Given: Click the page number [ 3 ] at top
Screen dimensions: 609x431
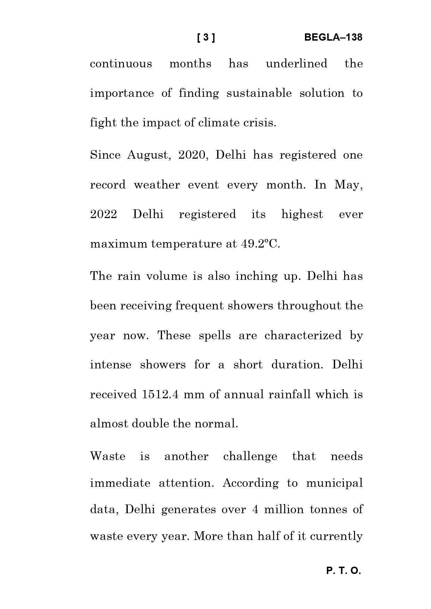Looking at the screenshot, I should (x=206, y=37).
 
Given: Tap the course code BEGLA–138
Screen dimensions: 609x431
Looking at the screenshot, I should (x=333, y=37).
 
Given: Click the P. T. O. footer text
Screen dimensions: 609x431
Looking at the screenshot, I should (x=343, y=571).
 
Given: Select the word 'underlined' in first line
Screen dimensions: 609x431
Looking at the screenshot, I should (x=296, y=64).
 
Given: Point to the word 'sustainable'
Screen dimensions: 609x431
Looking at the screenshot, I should (x=259, y=93).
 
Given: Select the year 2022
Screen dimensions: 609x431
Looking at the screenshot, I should (x=103, y=214).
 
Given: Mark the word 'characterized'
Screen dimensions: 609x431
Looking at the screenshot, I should (x=303, y=335).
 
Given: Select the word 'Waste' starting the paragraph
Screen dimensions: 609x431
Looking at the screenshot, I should (x=108, y=456).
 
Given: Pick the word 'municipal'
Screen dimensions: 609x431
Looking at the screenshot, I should (x=334, y=483).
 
